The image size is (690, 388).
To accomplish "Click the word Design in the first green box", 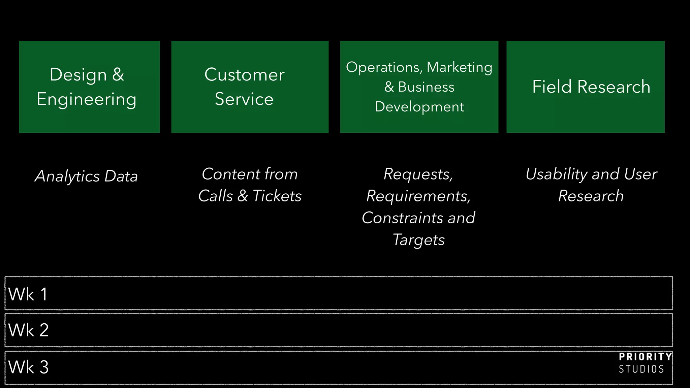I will click(78, 75).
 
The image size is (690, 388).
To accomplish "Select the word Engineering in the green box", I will click(87, 100).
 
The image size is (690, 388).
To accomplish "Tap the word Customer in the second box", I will click(244, 75).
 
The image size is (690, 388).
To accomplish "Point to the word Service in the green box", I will click(244, 99).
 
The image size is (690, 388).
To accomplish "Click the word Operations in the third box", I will click(383, 67).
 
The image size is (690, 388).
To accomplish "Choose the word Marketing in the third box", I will click(460, 67).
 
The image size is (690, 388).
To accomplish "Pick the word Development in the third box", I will click(419, 107).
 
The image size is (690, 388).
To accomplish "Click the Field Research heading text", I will click(591, 87).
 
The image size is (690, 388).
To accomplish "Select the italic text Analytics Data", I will click(86, 176).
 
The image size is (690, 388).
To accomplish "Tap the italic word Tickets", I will click(277, 196).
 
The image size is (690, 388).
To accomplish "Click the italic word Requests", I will click(418, 174).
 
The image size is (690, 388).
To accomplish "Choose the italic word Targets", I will click(419, 240).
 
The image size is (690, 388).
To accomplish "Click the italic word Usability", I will click(556, 174).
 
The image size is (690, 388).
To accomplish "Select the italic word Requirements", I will click(418, 196).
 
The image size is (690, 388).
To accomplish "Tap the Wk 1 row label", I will click(28, 294).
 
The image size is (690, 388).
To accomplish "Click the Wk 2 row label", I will click(29, 330).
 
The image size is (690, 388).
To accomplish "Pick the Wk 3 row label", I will click(29, 367).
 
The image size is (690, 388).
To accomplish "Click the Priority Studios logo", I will click(644, 363).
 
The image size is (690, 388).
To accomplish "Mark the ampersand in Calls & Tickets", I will click(243, 196).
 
